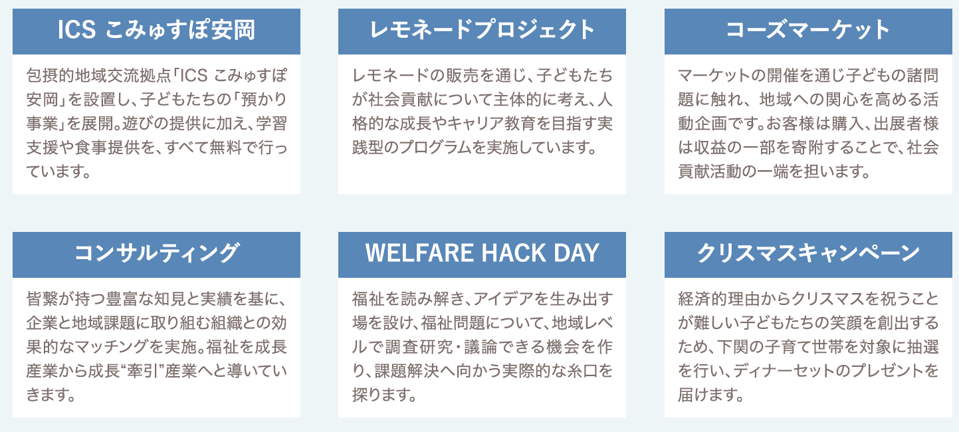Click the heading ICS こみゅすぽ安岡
coord(156,30)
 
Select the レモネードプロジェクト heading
coord(482,30)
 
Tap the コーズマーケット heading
coord(808,30)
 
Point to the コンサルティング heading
coord(156,253)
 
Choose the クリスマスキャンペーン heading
coord(808,253)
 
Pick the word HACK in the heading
coord(514,253)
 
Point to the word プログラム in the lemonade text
coord(430,148)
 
